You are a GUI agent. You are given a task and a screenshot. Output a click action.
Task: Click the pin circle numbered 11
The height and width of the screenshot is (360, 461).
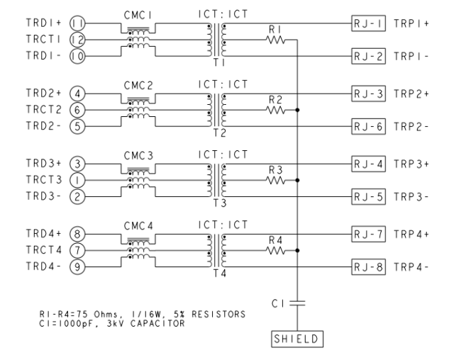(x=79, y=23)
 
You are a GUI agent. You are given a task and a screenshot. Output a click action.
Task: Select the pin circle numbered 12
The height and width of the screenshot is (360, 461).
(x=79, y=39)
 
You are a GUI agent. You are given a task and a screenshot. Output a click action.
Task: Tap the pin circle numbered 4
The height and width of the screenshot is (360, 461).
(x=79, y=94)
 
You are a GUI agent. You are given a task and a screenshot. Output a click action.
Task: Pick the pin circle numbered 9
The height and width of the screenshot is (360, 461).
(x=79, y=267)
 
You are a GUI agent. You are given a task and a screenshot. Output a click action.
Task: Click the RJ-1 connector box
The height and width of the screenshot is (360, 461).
(x=369, y=23)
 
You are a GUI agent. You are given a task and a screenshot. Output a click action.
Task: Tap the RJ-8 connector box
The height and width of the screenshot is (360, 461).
(x=369, y=267)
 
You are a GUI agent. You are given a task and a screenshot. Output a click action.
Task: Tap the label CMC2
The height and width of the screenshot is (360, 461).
(x=138, y=84)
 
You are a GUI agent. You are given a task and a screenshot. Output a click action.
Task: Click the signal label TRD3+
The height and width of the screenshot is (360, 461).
(x=43, y=163)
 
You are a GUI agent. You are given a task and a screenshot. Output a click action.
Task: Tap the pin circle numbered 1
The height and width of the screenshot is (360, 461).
(x=79, y=179)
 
